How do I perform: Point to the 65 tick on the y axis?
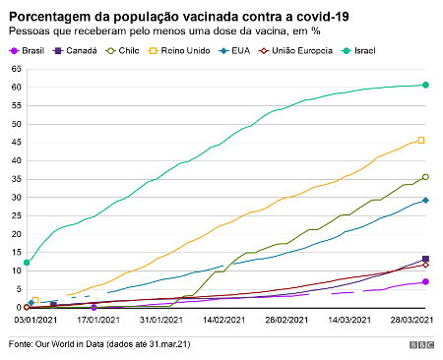point(16,69)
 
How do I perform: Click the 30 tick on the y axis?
point(16,198)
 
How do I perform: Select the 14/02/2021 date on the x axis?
point(223,320)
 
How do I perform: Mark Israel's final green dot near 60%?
point(425,85)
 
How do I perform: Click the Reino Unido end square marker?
point(421,140)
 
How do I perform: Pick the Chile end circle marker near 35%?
point(425,177)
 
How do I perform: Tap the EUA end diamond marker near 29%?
point(425,200)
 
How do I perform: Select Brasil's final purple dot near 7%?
point(425,281)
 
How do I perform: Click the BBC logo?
point(422,345)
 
